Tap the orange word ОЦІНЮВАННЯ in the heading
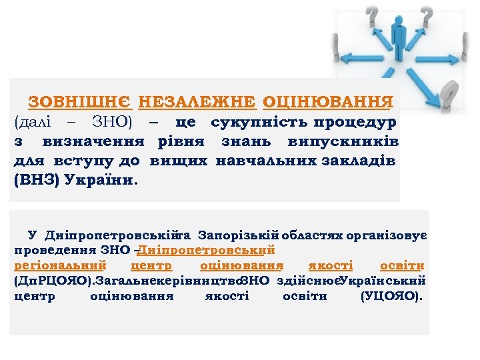327,102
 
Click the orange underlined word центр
153,265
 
